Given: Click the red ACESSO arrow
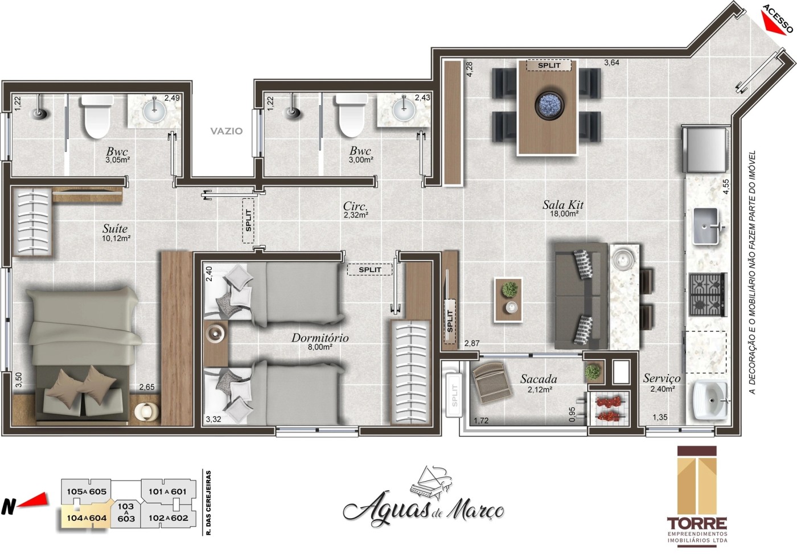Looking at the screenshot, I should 773,25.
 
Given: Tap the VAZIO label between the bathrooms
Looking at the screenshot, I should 227,131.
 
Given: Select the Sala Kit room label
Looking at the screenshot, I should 563,205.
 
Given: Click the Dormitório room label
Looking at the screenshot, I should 320,338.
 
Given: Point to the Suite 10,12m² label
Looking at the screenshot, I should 116,233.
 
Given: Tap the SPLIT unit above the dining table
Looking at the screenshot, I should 549,65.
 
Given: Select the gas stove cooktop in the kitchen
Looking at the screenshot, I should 708,294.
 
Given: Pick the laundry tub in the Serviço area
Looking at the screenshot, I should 710,400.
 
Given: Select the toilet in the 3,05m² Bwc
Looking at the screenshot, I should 96,117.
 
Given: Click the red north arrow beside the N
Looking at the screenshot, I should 35,500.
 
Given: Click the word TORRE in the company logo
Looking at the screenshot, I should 697,523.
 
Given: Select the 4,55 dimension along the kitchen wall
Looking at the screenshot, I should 725,187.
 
